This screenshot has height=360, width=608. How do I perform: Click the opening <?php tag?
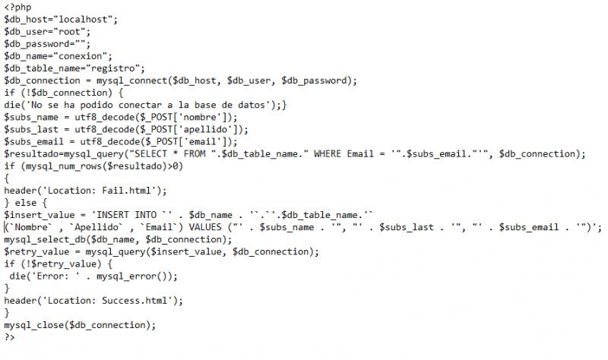(17, 8)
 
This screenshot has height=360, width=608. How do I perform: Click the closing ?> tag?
(10, 337)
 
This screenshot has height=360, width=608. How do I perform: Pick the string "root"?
(69, 32)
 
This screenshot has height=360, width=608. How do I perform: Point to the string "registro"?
(112, 68)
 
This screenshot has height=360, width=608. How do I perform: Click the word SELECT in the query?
(150, 154)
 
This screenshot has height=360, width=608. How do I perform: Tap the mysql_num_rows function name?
(59, 166)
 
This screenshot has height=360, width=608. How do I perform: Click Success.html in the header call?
(135, 301)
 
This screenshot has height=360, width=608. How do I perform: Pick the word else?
(26, 203)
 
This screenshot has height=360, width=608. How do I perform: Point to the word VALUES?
(205, 227)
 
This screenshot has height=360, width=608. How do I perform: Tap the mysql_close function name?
(34, 325)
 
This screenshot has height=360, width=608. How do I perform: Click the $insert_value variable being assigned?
(40, 215)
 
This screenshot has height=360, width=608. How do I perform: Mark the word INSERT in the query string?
(112, 215)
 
